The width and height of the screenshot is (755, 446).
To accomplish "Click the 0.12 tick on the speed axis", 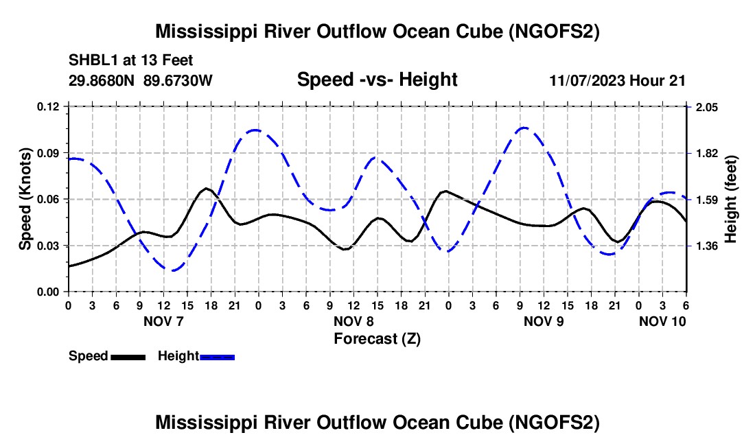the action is [x=48, y=107].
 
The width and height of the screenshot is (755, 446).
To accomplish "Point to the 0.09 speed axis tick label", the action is [x=48, y=154].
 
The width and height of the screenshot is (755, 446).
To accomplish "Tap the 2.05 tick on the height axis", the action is [x=707, y=107].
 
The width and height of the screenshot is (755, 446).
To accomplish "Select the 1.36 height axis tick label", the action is [x=707, y=246].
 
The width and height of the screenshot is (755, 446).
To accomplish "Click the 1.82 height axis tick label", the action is [x=707, y=154].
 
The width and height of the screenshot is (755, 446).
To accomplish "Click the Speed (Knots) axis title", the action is [x=25, y=199].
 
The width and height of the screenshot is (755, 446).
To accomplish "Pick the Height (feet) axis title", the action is [x=730, y=199].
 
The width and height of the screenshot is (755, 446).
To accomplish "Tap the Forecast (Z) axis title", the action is [x=377, y=339].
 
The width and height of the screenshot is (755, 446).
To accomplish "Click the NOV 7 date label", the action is [x=164, y=321].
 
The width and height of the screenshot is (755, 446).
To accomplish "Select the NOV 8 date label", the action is [x=353, y=321].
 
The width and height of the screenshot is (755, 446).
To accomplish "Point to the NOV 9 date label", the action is [x=544, y=321].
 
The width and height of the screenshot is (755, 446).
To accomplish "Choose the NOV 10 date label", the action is [x=662, y=321].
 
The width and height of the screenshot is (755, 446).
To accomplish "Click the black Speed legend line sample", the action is [x=128, y=357].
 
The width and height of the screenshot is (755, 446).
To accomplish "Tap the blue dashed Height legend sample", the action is [x=217, y=357].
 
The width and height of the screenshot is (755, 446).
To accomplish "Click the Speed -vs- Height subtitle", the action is [x=377, y=80].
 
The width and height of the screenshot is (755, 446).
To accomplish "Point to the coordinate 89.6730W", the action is [x=178, y=80].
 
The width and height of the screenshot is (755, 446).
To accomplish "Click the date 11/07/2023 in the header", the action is [x=588, y=80].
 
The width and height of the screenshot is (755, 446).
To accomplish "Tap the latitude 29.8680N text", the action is [x=102, y=80].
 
